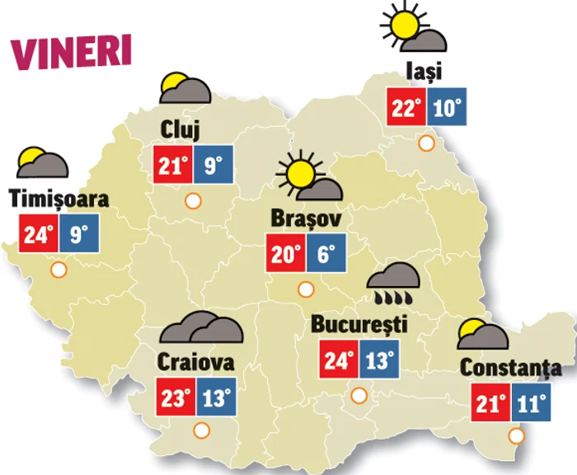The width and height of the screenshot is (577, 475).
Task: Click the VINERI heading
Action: tap(71, 50)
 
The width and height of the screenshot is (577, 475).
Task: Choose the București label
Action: tap(359, 324)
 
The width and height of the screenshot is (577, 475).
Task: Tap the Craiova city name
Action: tap(195, 362)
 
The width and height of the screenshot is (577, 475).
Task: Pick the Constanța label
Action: tap(511, 368)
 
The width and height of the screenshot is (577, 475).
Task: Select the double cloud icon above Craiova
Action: tap(202, 329)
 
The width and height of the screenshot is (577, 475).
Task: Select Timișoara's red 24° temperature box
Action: tap(37, 233)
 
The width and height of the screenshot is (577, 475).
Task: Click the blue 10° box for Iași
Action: tap(448, 107)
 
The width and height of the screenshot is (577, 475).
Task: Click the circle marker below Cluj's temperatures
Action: tap(194, 200)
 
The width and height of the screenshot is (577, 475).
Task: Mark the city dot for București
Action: tap(359, 395)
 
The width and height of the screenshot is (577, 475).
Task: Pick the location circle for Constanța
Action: tap(517, 436)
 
